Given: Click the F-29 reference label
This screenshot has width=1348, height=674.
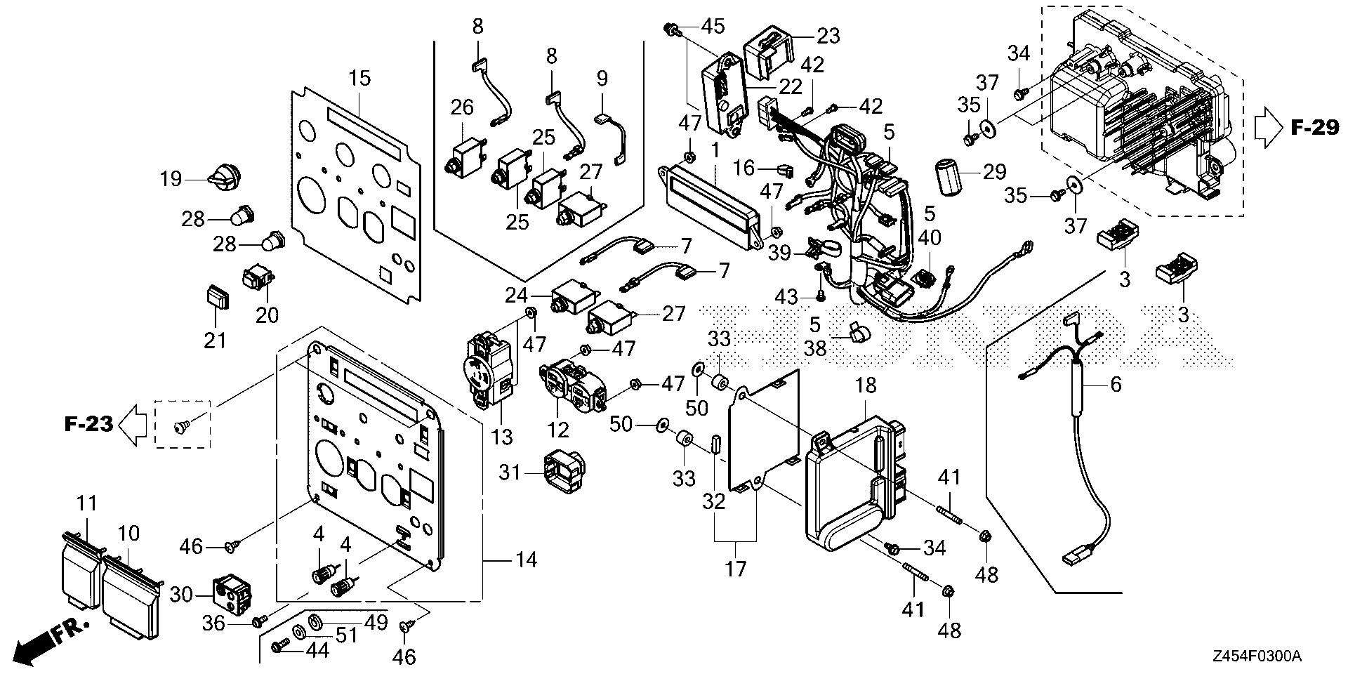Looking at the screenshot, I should click(1314, 127).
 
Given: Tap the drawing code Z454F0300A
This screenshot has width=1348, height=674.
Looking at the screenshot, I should click(1257, 656).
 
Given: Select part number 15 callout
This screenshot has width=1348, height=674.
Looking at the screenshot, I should click(360, 78).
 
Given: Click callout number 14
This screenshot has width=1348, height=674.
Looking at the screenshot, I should click(526, 560).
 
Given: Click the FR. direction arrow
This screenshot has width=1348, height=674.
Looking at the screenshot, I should click(42, 642).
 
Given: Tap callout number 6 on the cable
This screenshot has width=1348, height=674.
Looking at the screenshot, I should click(1115, 384).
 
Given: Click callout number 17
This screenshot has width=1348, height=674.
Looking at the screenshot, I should click(734, 568).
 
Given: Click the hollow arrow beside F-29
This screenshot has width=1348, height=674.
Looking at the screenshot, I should click(1269, 128).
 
